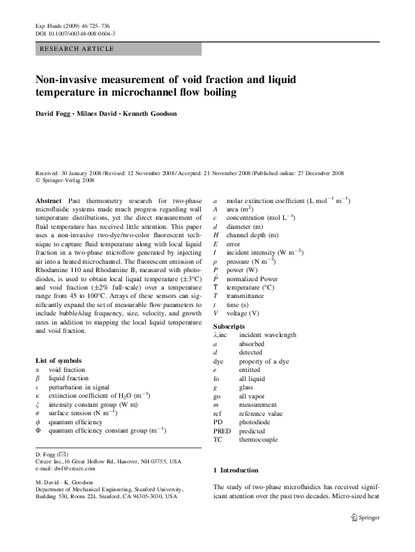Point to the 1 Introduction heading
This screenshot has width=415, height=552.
pyautogui.click(x=239, y=470)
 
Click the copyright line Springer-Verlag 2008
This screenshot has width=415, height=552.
pyautogui.click(x=68, y=179)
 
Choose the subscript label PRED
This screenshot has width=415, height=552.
pyautogui.click(x=222, y=431)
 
